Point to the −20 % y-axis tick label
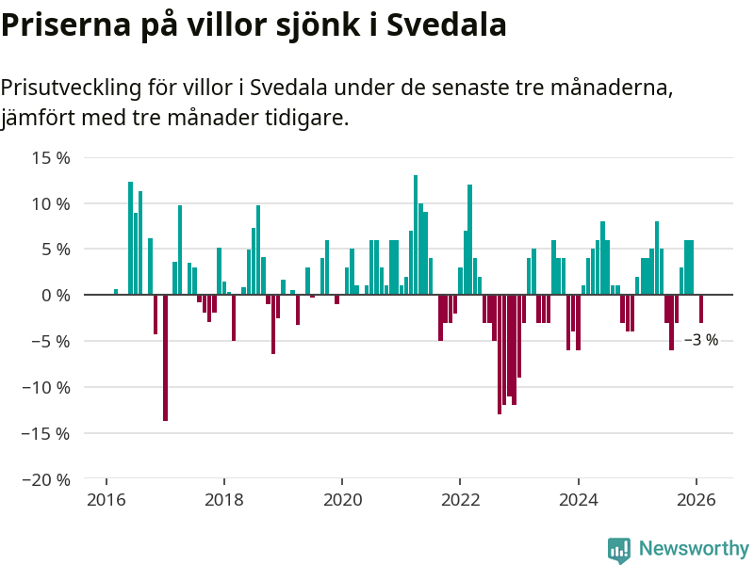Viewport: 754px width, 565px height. point(46,479)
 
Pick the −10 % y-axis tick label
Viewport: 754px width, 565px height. point(46,387)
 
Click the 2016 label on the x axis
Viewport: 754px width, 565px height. point(107,500)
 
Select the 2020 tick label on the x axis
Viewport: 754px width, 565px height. point(342,500)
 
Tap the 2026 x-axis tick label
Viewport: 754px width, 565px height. point(696,500)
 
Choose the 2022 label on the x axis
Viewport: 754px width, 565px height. point(460,500)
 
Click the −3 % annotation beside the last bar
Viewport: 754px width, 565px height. point(700,340)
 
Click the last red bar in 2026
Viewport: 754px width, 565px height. point(701,309)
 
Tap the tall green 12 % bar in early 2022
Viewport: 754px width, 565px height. point(469,240)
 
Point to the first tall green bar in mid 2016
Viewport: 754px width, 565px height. point(131,238)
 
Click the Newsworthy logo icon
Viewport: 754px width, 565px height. point(618,550)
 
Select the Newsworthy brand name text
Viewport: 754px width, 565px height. point(694,548)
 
